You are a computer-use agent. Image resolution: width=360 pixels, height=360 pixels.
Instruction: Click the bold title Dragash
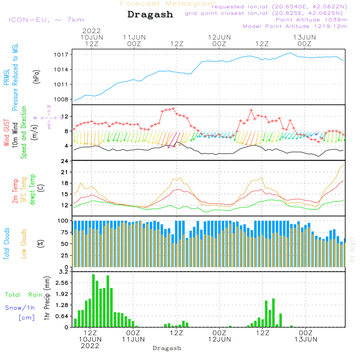point(150,14)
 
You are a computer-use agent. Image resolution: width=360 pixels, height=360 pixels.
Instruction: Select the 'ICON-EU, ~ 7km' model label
point(46,20)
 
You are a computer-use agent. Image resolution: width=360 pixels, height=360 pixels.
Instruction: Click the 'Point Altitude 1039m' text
point(311,20)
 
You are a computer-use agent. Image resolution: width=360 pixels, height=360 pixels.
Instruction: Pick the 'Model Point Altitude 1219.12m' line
point(295,26)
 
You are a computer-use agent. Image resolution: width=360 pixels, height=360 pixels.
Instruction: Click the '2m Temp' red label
point(15,190)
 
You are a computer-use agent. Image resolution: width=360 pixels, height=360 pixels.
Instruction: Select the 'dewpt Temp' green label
point(33,190)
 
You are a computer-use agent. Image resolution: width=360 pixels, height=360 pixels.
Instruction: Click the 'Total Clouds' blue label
point(7,244)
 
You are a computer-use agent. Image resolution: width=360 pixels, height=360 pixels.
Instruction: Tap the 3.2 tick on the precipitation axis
point(63,272)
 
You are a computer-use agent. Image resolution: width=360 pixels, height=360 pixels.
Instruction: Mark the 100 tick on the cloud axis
point(63,221)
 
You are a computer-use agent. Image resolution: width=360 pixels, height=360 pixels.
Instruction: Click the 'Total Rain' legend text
point(23,295)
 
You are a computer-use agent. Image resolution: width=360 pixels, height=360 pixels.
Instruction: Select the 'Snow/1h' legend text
point(20,308)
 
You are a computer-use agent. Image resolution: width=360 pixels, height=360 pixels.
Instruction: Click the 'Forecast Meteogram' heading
point(168,4)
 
